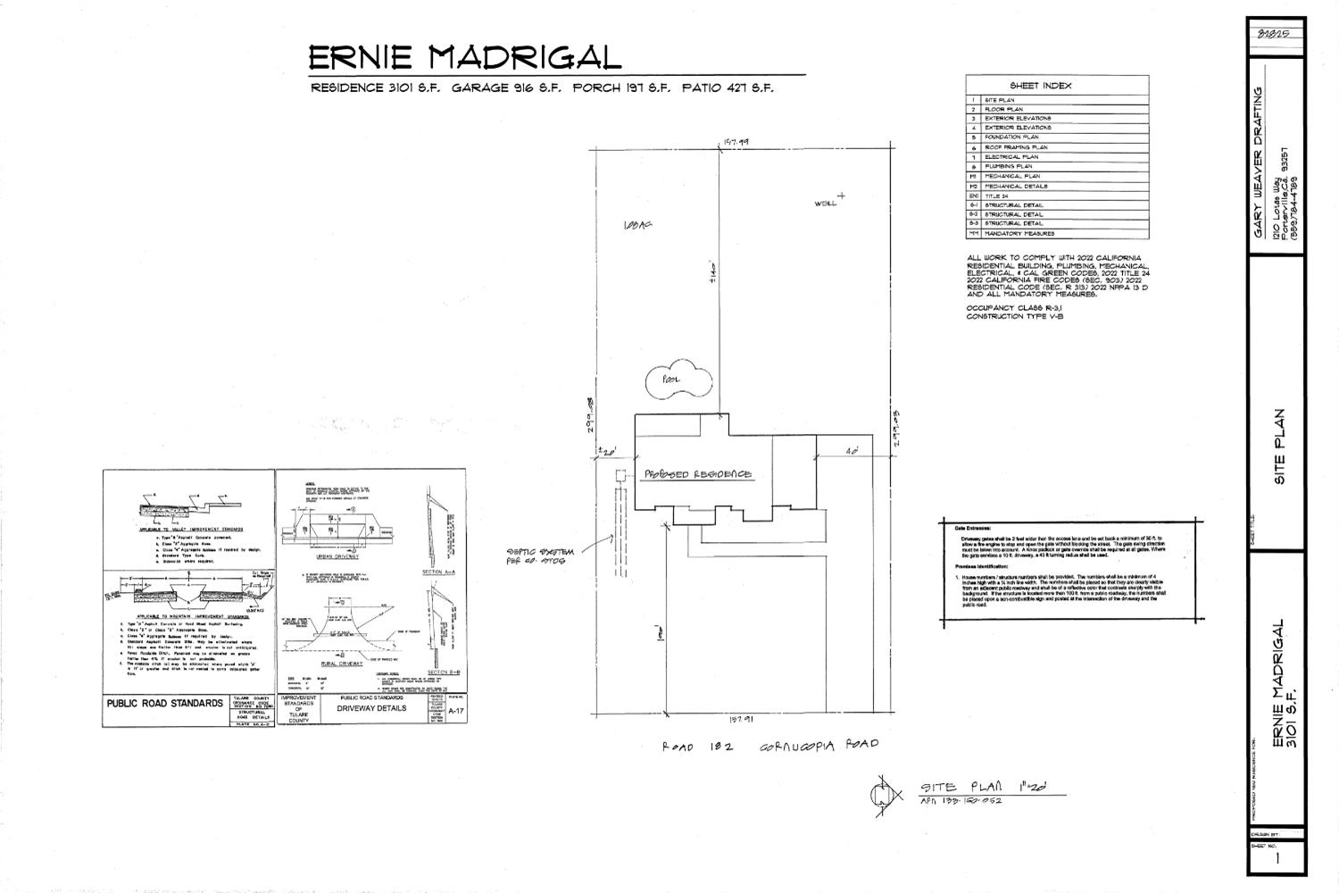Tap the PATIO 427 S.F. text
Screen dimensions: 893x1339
[728, 88]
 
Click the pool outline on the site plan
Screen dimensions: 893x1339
[678, 381]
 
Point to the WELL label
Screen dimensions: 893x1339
[826, 204]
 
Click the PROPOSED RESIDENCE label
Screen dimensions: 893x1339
[697, 474]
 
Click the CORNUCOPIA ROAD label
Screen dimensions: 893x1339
[819, 745]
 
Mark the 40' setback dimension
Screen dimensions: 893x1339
[852, 452]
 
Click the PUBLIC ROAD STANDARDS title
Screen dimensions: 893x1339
[165, 704]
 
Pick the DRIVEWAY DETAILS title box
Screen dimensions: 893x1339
[370, 708]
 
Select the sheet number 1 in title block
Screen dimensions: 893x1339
[1279, 859]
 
